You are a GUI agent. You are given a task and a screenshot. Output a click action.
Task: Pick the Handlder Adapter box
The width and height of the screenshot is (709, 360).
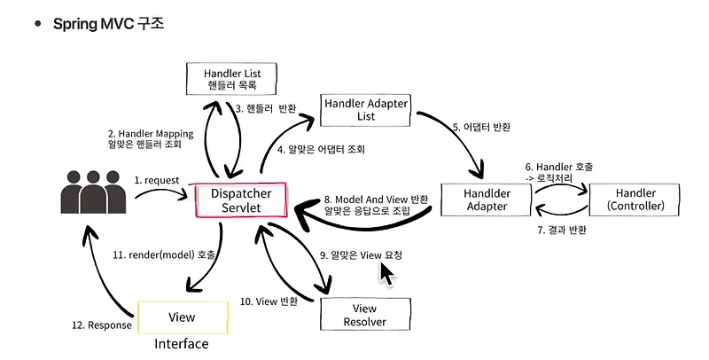[x=486, y=200]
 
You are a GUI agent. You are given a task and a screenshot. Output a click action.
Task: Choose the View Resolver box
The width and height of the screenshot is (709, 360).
[x=365, y=315]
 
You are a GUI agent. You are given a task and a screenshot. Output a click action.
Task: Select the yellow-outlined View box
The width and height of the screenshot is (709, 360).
[x=182, y=317]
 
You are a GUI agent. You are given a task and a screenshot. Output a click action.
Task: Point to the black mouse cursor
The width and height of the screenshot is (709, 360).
[x=386, y=271]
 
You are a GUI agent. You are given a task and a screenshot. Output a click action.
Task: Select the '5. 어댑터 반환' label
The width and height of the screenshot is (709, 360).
[x=481, y=128]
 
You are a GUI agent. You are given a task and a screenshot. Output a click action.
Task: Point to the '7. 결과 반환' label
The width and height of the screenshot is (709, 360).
[x=562, y=231]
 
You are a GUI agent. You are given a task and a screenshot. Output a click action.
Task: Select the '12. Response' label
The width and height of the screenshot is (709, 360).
[x=101, y=325]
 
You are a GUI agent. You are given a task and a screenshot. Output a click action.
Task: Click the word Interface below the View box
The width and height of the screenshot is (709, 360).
[x=182, y=344]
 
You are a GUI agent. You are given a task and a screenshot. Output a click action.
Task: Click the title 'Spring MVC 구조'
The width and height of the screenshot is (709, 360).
[x=108, y=23]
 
